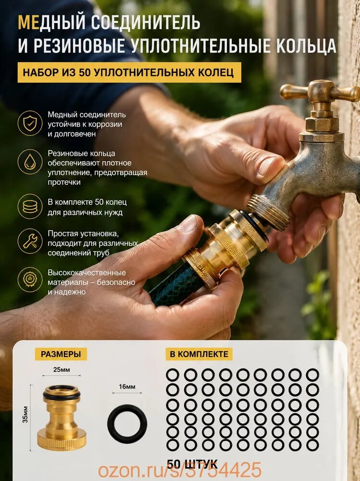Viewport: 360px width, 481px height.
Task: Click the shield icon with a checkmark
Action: pyautogui.click(x=30, y=123)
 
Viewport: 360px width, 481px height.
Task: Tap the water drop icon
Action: pyautogui.click(x=30, y=162)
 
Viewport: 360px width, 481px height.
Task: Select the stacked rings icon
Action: pyautogui.click(x=30, y=206)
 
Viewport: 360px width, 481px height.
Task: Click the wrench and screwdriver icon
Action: pyautogui.click(x=30, y=241)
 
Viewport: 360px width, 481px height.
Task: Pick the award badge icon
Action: pyautogui.click(x=30, y=279)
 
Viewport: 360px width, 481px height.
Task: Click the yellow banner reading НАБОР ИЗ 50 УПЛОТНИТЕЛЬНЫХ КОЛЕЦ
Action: pyautogui.click(x=129, y=73)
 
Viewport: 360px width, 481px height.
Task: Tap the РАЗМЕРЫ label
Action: pyautogui.click(x=61, y=354)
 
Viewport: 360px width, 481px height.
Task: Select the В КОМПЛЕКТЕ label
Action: pyautogui.click(x=199, y=354)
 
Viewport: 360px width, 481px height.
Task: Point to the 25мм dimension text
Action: pyautogui.click(x=62, y=369)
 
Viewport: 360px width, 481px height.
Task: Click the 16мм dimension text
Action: pyautogui.click(x=127, y=387)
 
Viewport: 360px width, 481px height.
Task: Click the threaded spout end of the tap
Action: pyautogui.click(x=269, y=212)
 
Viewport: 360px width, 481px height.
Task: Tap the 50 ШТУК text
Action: pyautogui.click(x=192, y=464)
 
